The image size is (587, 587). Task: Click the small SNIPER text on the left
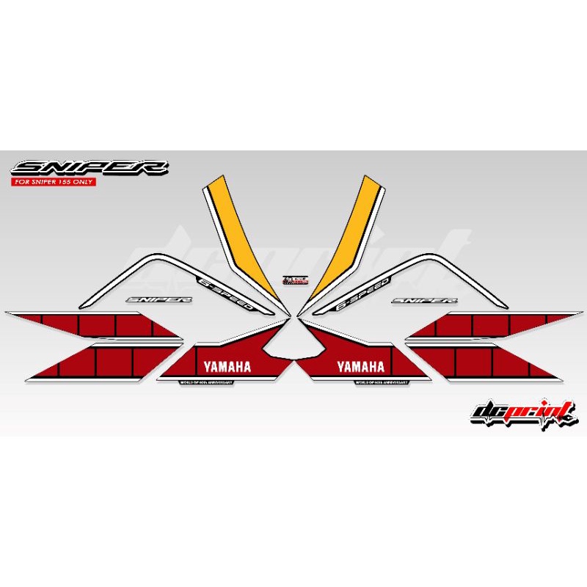pyautogui.click(x=159, y=299)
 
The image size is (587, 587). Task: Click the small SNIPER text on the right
pyautogui.click(x=424, y=299)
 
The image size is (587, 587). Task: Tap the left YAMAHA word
pyautogui.click(x=227, y=366)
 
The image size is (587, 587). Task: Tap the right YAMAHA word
pyautogui.click(x=360, y=366)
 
